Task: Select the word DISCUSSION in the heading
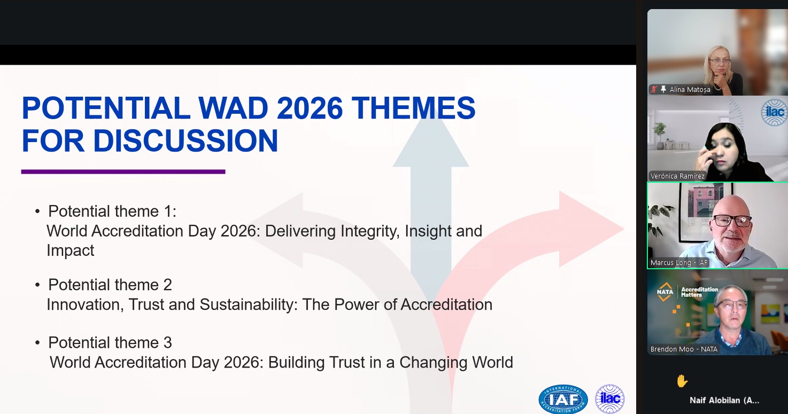pyautogui.click(x=186, y=140)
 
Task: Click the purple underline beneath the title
pyautogui.click(x=123, y=171)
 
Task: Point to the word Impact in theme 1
pyautogui.click(x=71, y=251)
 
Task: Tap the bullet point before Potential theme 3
pyautogui.click(x=37, y=342)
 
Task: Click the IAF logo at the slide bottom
pyautogui.click(x=563, y=399)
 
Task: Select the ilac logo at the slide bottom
pyautogui.click(x=610, y=399)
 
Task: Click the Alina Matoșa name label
pyautogui.click(x=690, y=90)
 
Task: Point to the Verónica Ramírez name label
pyautogui.click(x=677, y=176)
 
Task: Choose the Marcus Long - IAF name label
pyautogui.click(x=678, y=262)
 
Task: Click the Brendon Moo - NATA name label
pyautogui.click(x=684, y=349)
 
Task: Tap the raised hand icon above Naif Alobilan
pyautogui.click(x=682, y=381)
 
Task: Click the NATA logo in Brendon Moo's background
pyautogui.click(x=665, y=292)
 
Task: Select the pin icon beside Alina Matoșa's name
pyautogui.click(x=663, y=89)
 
